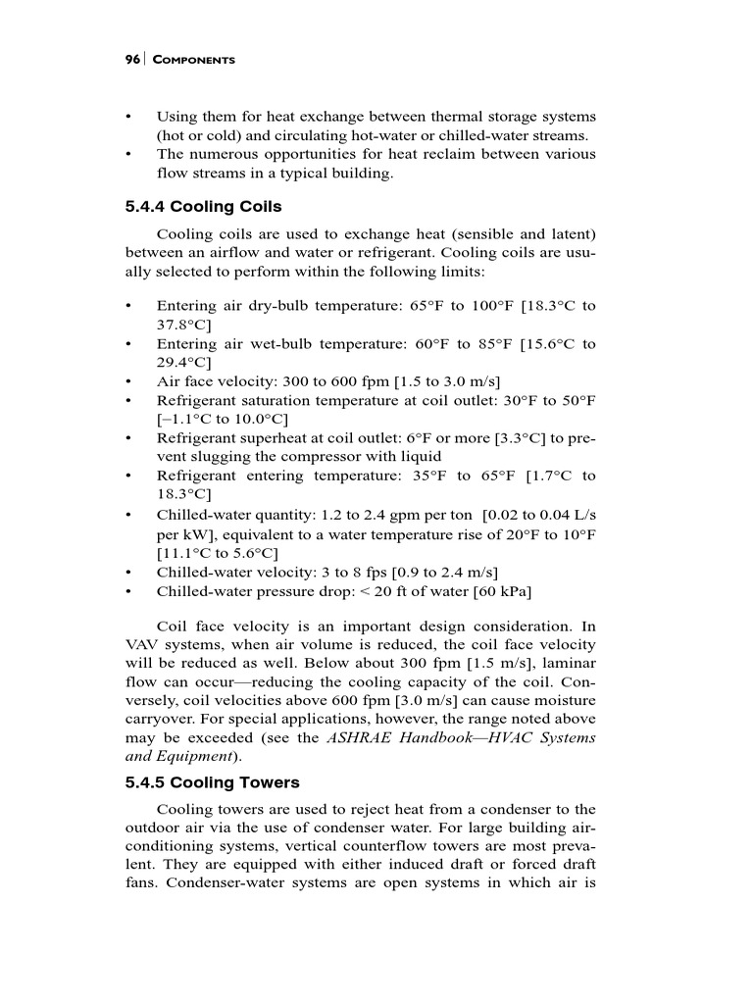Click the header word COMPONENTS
coord(193,61)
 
